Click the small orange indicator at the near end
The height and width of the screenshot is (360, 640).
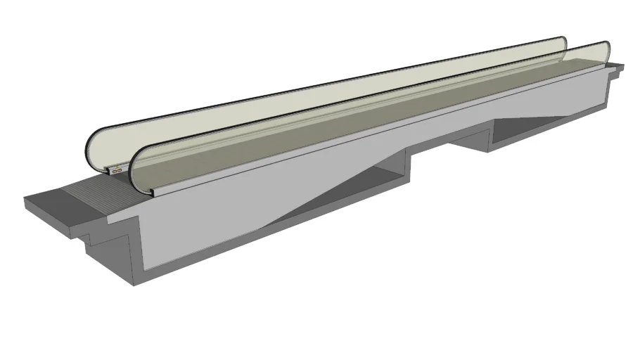pyautogui.click(x=117, y=170)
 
